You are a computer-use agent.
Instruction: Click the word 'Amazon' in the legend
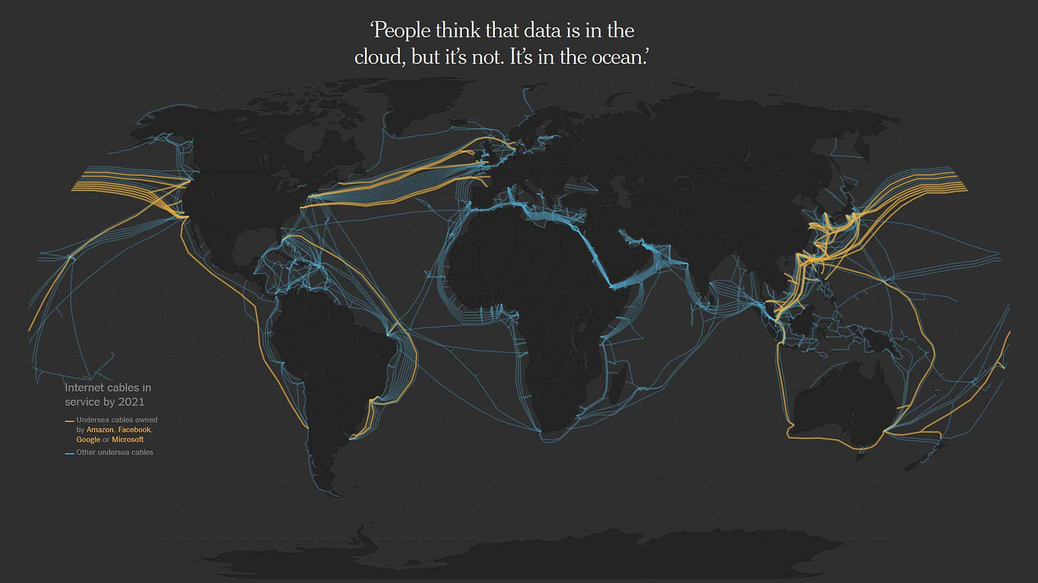tap(100, 430)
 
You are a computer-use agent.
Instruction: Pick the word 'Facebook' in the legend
tap(134, 430)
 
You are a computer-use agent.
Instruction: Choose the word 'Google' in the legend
tap(88, 440)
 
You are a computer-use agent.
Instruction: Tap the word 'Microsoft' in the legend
tap(128, 440)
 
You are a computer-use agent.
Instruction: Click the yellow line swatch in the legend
tap(69, 421)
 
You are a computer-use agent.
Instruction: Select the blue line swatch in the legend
tap(69, 453)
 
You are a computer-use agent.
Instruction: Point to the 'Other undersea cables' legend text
tap(115, 453)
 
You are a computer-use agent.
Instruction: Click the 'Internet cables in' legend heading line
tap(108, 388)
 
